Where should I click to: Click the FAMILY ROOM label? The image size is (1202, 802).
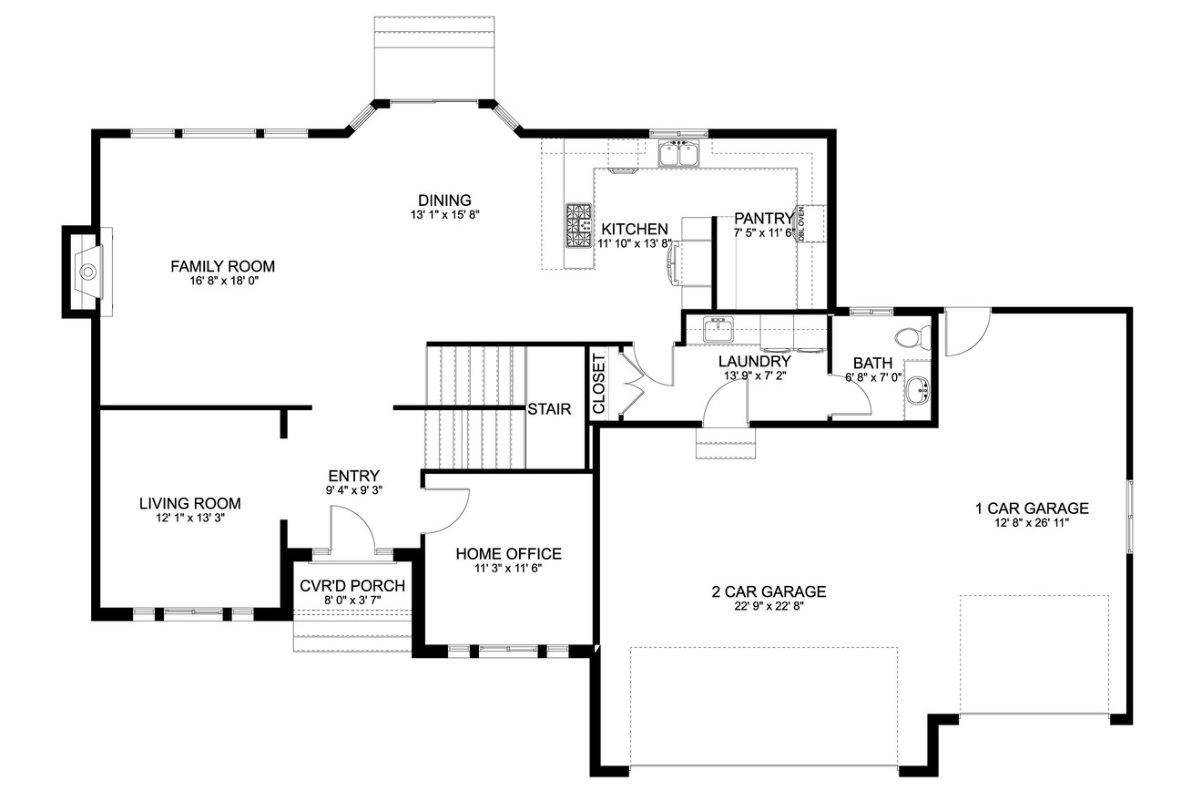pyautogui.click(x=222, y=266)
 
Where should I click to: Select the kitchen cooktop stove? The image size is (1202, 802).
pyautogui.click(x=577, y=225)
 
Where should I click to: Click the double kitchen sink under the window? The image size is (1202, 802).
pyautogui.click(x=678, y=155)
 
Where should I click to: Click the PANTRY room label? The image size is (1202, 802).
pyautogui.click(x=763, y=218)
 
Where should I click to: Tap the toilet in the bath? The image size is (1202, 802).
pyautogui.click(x=911, y=338)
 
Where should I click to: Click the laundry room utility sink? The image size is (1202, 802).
pyautogui.click(x=718, y=328)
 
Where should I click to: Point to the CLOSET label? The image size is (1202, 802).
pyautogui.click(x=598, y=383)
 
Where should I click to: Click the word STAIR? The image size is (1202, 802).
pyautogui.click(x=549, y=409)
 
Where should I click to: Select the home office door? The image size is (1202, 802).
pyautogui.click(x=446, y=510)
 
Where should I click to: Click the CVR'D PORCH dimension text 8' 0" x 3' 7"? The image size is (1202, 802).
pyautogui.click(x=351, y=601)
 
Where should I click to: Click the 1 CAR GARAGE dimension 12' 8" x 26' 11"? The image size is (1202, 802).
pyautogui.click(x=1032, y=523)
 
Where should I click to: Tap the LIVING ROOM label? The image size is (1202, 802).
pyautogui.click(x=189, y=503)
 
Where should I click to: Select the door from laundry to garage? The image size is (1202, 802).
pyautogui.click(x=726, y=406)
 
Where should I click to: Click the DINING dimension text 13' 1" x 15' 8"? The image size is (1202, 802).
pyautogui.click(x=444, y=215)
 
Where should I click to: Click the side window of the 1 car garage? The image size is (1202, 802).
pyautogui.click(x=1129, y=515)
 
